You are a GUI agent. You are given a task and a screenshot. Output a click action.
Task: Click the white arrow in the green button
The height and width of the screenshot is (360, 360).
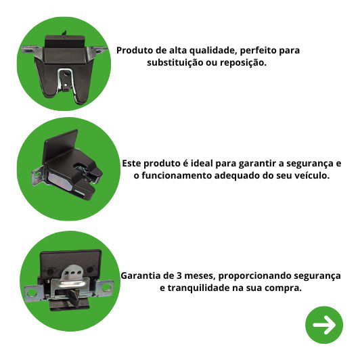(324, 325)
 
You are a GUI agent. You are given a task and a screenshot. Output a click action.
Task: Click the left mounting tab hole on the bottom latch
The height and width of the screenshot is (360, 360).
(32, 292)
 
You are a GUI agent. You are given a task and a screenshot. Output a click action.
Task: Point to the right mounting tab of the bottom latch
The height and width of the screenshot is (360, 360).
(105, 287)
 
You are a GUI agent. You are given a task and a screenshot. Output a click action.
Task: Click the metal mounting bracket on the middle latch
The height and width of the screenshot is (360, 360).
(38, 176)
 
